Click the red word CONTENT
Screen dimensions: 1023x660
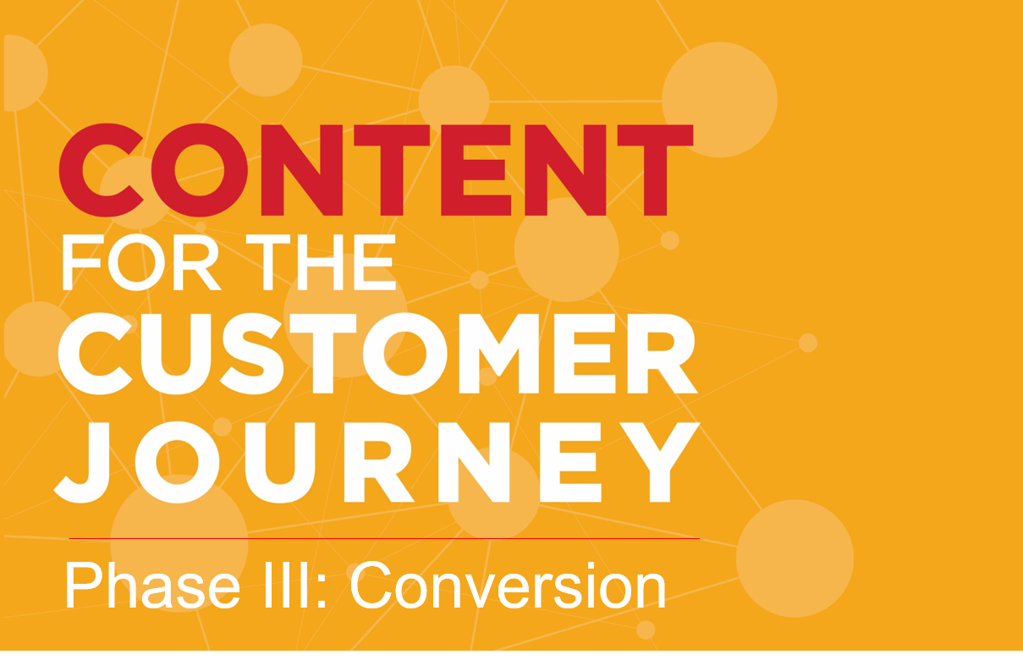click(376, 169)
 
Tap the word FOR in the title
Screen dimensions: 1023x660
click(141, 262)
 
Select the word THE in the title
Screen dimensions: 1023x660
click(321, 262)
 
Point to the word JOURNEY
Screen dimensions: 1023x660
click(377, 463)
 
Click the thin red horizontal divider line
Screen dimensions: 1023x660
click(384, 538)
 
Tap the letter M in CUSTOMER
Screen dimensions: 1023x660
click(499, 354)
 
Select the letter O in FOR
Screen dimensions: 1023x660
click(137, 263)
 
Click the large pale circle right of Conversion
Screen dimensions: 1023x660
click(795, 558)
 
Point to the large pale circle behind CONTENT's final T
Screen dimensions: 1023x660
click(720, 100)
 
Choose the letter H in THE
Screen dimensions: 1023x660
click(320, 262)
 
